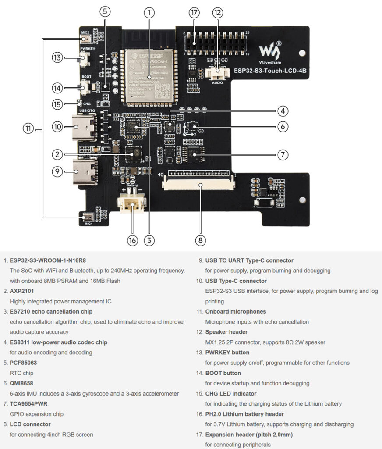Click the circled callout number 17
click(195, 13)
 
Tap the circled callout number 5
click(105, 12)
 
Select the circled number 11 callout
click(28, 128)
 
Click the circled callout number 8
click(200, 240)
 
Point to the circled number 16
click(132, 240)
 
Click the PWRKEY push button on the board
click(85, 57)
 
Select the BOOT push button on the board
click(85, 87)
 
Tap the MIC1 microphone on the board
click(88, 216)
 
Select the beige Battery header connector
click(131, 204)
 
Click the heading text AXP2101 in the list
click(22, 291)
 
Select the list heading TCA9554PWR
click(29, 403)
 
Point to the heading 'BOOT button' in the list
click(223, 373)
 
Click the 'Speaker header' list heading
click(226, 332)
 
